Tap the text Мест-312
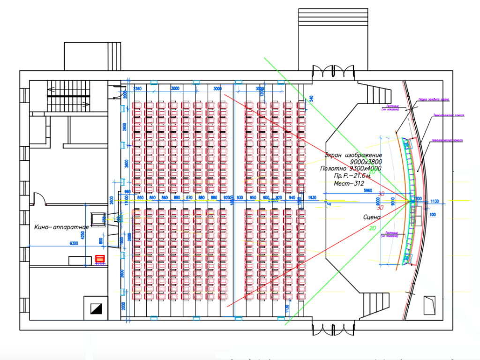pos(350,183)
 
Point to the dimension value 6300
pos(74,243)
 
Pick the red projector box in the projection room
pos(99,258)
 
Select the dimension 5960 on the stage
pos(368,191)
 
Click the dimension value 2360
pos(137,89)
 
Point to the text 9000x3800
pos(366,162)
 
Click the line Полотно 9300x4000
pos(351,168)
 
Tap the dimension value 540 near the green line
pos(310,98)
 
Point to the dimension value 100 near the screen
pos(432,214)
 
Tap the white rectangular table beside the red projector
pos(80,260)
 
